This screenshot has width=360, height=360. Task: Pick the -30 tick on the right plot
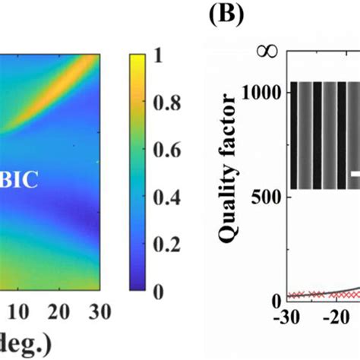tap(291, 317)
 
